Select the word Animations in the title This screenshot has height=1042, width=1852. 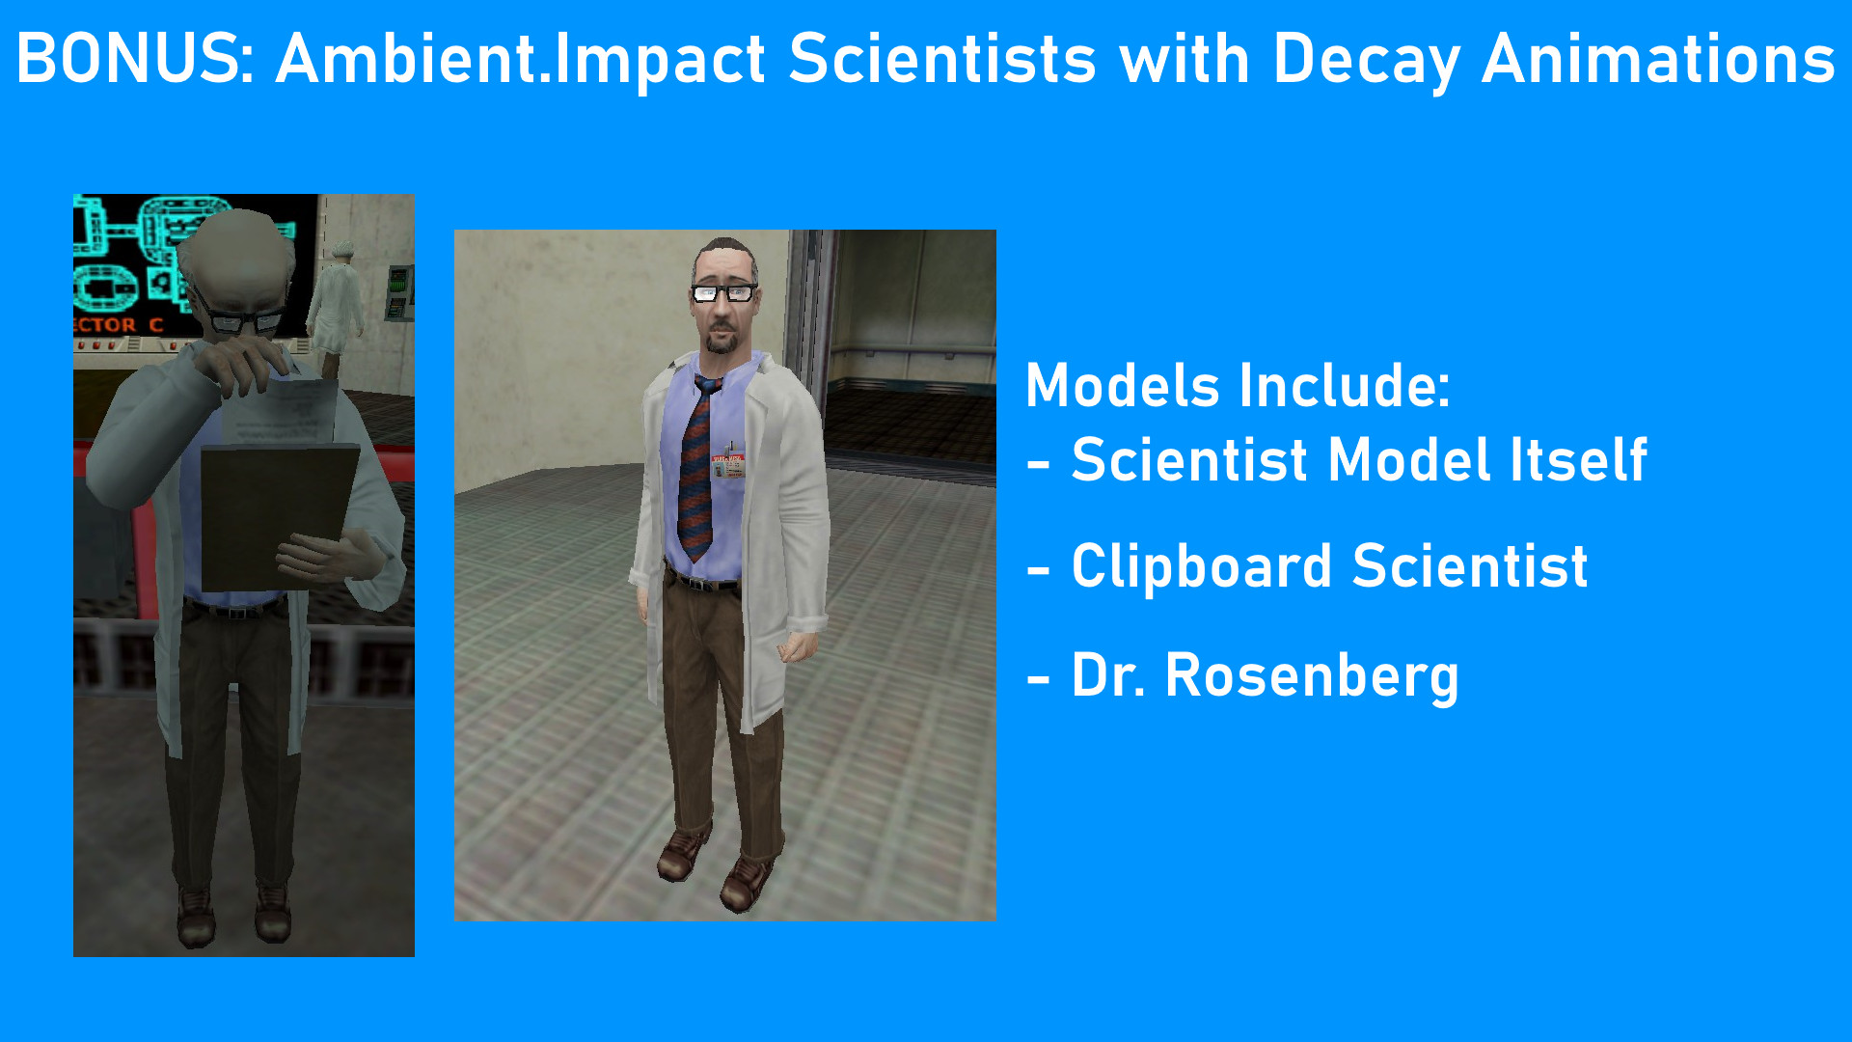coord(1657,60)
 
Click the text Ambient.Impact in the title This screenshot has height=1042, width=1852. coord(521,60)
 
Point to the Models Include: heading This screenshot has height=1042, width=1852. coord(1238,386)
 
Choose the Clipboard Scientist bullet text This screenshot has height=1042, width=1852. coord(1329,566)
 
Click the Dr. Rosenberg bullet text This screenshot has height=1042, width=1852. coord(1265,675)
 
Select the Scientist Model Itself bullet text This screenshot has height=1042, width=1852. coord(1358,460)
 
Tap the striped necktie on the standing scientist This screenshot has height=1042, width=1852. coord(695,473)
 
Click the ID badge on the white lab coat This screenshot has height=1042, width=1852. coord(728,465)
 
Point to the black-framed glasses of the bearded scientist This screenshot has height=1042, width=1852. coord(723,292)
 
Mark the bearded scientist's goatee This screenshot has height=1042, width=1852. coord(720,343)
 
